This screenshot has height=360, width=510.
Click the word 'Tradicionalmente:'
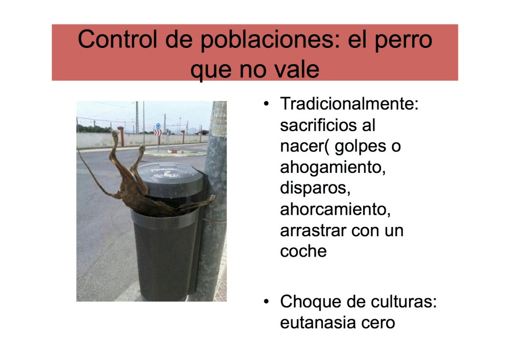coord(349,105)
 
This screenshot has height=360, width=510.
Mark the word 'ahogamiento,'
coord(333,168)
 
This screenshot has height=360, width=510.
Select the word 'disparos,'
coord(316,188)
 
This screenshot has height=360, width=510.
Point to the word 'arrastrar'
coord(313,230)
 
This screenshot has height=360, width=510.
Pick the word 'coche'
coord(303,251)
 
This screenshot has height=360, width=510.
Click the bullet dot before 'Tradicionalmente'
coord(266,105)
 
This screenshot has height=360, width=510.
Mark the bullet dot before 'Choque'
coord(266,301)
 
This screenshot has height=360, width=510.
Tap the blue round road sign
coord(158,125)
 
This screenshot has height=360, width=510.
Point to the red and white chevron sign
coord(158,133)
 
